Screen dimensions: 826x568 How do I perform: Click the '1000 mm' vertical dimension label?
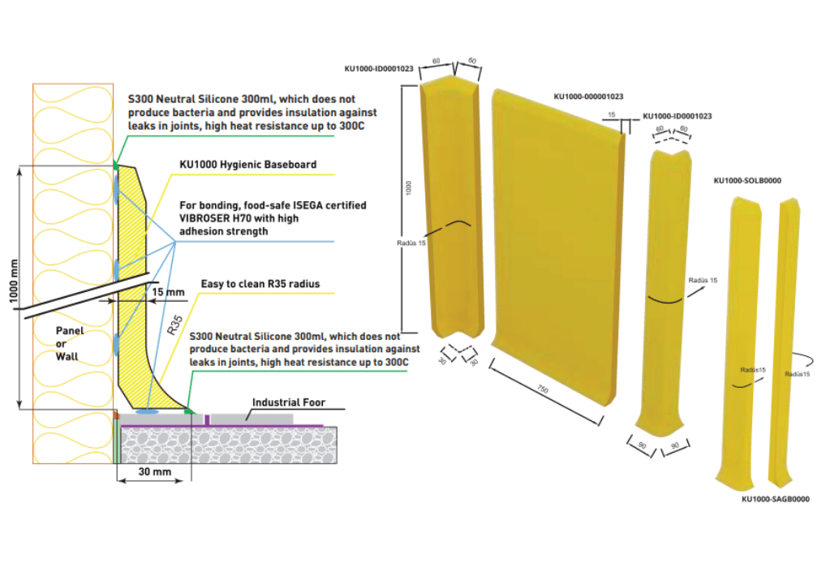pos(14,282)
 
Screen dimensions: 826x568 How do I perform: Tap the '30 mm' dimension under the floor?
pos(155,471)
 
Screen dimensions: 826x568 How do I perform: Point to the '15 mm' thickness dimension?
pos(169,292)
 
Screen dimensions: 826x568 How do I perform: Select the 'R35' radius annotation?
pos(174,325)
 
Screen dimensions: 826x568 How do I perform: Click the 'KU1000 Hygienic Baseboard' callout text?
pos(248,165)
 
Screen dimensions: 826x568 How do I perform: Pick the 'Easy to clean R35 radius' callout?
pos(260,284)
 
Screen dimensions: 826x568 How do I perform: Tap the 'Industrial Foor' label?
pos(289,402)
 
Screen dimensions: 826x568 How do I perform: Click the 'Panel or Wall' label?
pos(69,343)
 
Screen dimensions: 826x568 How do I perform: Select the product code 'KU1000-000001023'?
pos(588,97)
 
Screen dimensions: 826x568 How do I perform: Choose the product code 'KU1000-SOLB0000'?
pos(747,181)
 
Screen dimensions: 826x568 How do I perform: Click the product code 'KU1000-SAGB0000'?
pos(776,499)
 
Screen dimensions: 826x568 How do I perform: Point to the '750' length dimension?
pos(543,389)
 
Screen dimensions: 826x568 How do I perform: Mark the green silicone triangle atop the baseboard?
pos(116,166)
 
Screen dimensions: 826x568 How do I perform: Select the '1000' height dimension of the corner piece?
pos(408,187)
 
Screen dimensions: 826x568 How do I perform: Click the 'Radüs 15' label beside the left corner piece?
pos(411,243)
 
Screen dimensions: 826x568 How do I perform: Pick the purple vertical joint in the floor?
pos(207,420)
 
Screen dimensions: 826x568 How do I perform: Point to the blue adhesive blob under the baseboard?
pos(147,411)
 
